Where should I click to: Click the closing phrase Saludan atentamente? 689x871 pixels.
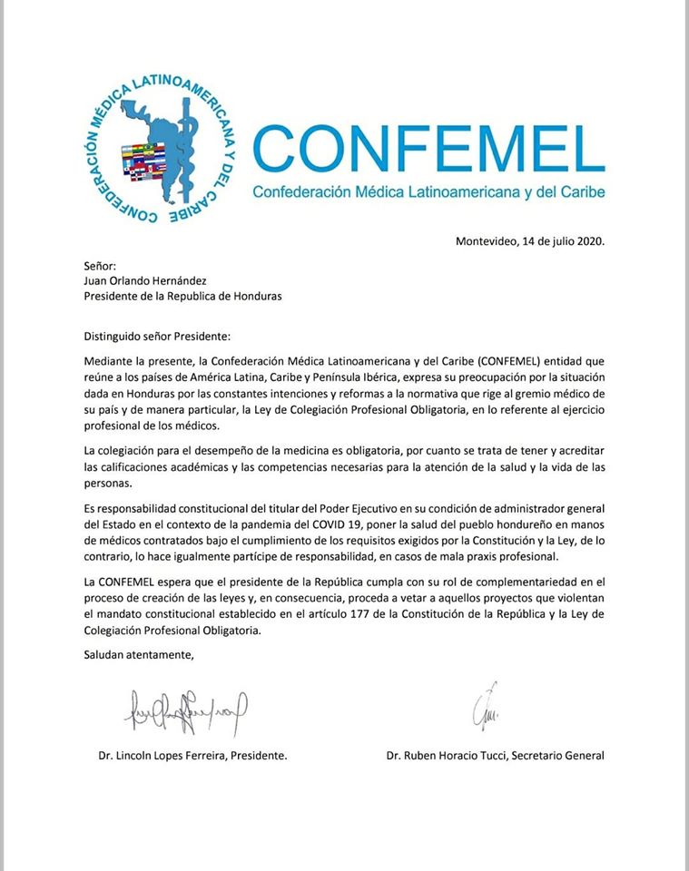(139, 654)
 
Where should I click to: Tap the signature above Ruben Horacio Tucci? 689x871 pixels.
(484, 707)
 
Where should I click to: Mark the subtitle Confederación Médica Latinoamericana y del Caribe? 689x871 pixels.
(428, 192)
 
